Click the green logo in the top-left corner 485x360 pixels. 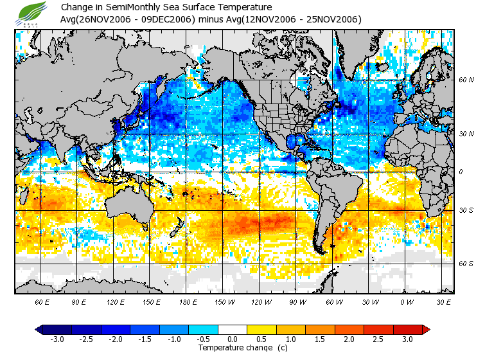[x=31, y=13]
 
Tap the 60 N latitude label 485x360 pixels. [x=466, y=80]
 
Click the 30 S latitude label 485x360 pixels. [x=466, y=210]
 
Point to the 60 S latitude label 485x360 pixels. [x=466, y=264]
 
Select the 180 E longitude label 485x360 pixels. [x=188, y=301]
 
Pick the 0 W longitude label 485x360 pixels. [x=407, y=301]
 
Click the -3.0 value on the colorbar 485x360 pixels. [x=56, y=339]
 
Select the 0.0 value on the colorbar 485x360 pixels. [x=233, y=339]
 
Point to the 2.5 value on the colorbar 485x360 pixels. [x=379, y=339]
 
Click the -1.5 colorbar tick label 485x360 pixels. [x=144, y=339]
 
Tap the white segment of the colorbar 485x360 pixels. [x=233, y=329]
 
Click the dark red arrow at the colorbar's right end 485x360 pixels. [x=425, y=329]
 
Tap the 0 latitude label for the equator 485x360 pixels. [x=461, y=172]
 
